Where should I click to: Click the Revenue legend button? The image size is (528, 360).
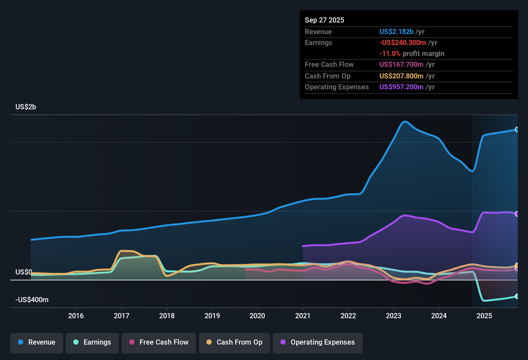click(37, 342)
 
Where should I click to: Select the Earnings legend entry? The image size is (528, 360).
click(92, 342)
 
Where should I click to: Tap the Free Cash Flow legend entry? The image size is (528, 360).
click(159, 342)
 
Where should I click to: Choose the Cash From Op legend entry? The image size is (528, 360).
click(234, 342)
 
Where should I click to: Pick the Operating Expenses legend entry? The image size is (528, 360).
click(318, 342)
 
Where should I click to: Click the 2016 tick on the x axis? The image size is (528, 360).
click(76, 316)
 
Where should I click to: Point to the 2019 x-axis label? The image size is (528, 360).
click(212, 316)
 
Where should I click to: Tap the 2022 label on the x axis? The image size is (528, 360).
click(348, 316)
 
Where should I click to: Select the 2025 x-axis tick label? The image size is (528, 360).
click(484, 316)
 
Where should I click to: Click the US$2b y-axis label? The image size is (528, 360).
click(26, 107)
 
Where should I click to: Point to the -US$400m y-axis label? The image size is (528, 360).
click(32, 300)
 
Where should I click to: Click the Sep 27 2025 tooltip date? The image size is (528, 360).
click(324, 20)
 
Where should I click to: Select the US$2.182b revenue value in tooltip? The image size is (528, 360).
click(396, 32)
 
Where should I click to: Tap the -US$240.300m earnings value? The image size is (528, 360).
click(403, 42)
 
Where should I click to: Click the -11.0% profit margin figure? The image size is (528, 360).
click(390, 53)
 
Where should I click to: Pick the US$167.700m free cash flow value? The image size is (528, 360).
click(401, 64)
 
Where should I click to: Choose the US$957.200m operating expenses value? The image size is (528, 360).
click(401, 87)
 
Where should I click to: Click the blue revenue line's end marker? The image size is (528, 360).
click(517, 130)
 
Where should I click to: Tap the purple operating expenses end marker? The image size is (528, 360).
click(517, 214)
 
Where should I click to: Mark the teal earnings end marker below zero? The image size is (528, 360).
click(517, 296)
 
